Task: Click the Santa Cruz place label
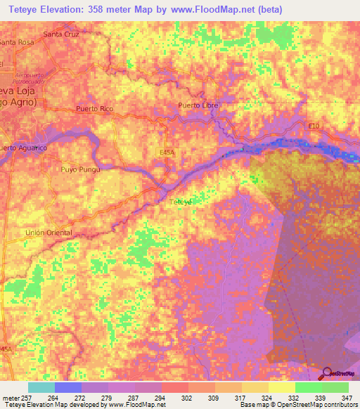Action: (x=60, y=34)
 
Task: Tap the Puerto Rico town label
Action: (x=94, y=109)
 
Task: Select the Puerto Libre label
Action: (x=198, y=105)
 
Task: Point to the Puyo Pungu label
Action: (x=80, y=169)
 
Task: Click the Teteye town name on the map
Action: (x=182, y=202)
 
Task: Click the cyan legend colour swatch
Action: (x=41, y=387)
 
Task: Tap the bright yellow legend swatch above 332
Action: (x=281, y=387)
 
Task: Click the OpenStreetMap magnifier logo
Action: (x=326, y=373)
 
